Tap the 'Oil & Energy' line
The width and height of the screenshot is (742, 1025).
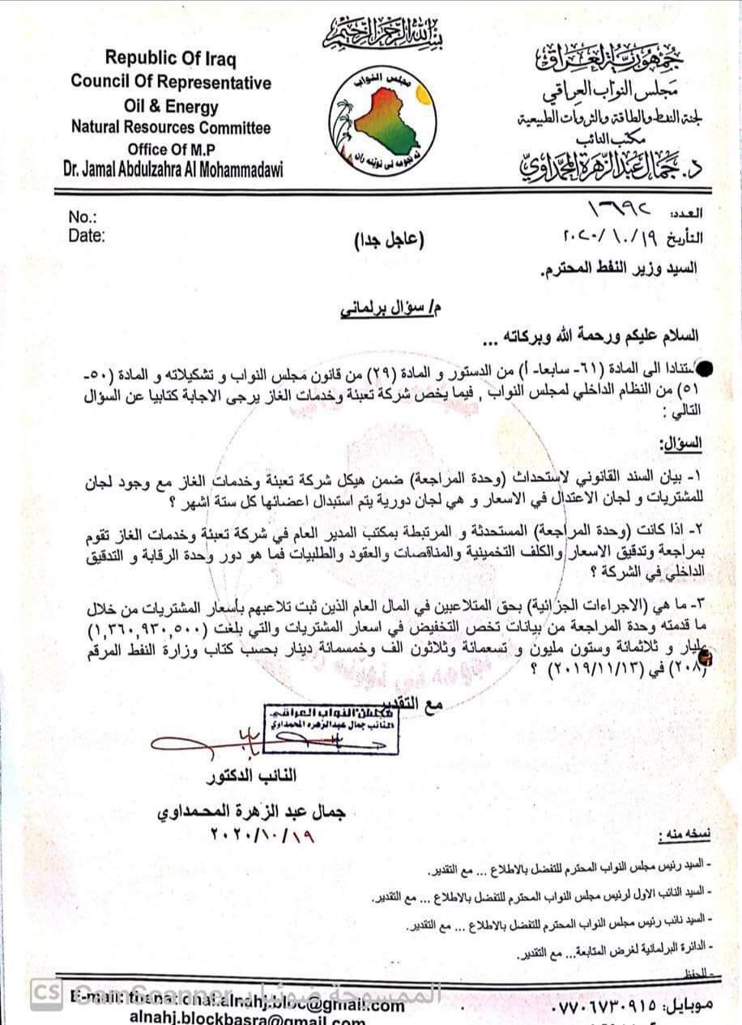pyautogui.click(x=170, y=105)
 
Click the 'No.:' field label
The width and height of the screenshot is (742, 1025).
pyautogui.click(x=83, y=217)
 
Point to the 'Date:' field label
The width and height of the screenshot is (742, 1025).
pyautogui.click(x=87, y=236)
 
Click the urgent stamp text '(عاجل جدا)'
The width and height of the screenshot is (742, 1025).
pyautogui.click(x=389, y=240)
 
